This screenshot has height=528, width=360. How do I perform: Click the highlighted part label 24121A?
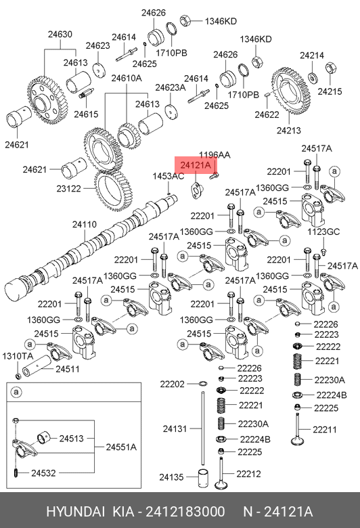coord(196,165)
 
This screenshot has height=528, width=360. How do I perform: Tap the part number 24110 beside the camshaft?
coord(84,224)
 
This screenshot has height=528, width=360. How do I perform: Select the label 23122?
coord(68,189)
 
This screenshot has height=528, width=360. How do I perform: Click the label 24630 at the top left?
coord(60,35)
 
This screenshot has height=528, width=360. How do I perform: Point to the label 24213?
coord(288,131)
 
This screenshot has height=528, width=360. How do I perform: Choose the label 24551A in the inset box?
coord(121,447)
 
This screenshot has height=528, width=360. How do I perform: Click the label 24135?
coord(171,477)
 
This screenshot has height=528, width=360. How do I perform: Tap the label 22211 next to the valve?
coord(325,430)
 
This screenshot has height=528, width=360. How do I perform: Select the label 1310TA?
coord(18,356)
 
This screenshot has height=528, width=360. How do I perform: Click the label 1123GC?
coord(323,232)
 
